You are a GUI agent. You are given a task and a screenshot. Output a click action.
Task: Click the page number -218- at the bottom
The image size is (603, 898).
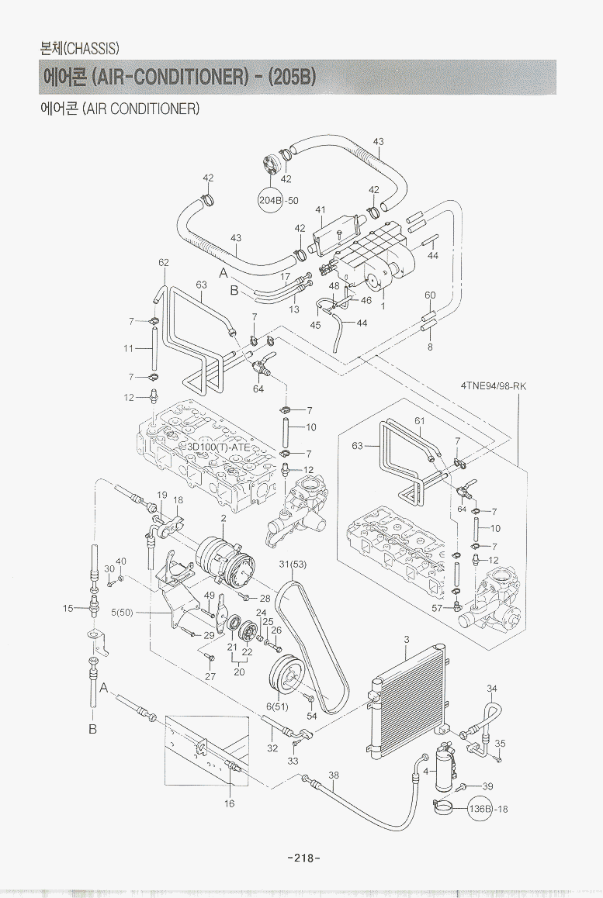point(303,858)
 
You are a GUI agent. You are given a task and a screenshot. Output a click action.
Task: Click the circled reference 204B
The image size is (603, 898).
point(271,201)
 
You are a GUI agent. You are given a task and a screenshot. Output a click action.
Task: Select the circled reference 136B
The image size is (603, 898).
point(481,809)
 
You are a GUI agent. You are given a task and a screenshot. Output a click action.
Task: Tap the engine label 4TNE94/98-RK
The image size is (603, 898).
point(494,385)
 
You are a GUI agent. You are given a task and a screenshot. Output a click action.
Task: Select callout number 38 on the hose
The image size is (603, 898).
point(334,775)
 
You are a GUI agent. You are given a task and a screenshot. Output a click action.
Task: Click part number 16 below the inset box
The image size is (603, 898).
point(230,803)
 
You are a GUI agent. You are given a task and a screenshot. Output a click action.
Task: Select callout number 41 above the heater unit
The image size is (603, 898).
point(320,209)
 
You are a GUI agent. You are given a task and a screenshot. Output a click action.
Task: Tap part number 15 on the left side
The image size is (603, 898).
point(68,608)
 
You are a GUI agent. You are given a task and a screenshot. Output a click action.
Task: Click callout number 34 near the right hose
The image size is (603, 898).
point(492,688)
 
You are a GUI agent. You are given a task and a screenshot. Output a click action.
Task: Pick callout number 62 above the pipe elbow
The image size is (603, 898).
point(164,263)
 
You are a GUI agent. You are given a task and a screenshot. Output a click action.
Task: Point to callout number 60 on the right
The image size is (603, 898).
point(430,295)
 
